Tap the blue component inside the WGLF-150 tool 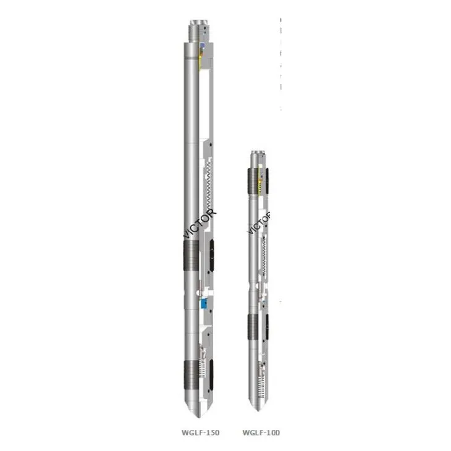click(203, 303)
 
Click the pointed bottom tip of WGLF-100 click(258, 407)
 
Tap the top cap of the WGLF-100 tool click(258, 157)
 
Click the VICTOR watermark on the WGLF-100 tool click(259, 222)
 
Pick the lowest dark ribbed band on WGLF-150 click(192, 374)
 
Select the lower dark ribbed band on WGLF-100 click(254, 327)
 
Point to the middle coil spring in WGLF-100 click(264, 255)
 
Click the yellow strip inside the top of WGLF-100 click(266, 179)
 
